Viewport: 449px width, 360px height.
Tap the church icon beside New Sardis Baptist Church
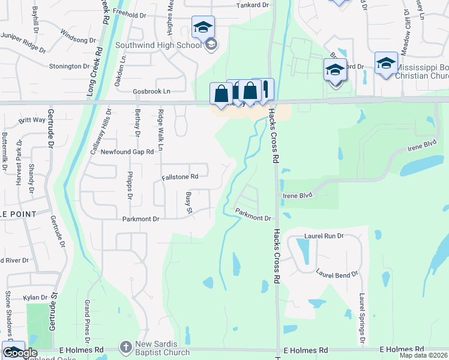tap(125, 347)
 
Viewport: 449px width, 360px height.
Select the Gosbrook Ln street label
tap(151, 91)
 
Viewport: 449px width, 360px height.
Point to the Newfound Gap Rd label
tap(127, 152)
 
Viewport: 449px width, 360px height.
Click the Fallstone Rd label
tap(180, 177)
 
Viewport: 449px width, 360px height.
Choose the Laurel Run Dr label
tap(324, 236)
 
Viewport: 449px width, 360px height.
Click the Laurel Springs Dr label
tap(362, 318)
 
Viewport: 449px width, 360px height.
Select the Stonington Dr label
tap(69, 66)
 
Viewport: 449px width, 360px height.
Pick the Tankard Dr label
tap(252, 5)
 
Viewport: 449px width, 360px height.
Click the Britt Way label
tap(32, 120)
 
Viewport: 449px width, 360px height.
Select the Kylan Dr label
tap(35, 298)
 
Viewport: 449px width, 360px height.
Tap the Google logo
tap(20, 353)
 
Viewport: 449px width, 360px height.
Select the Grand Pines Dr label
tap(87, 316)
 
